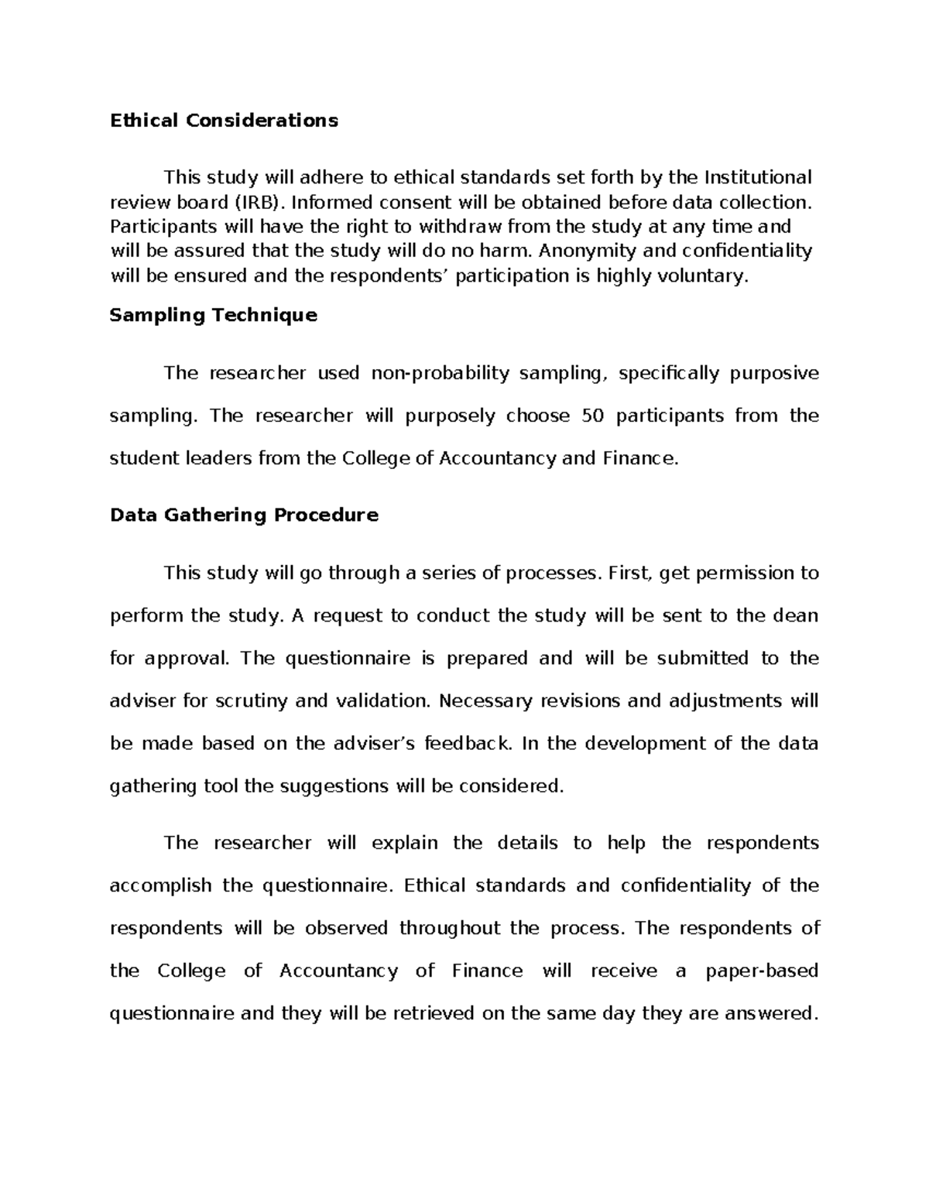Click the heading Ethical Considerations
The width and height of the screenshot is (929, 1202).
pos(224,121)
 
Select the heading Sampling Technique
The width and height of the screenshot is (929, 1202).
pos(213,315)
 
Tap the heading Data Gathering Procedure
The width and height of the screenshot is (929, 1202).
pos(244,515)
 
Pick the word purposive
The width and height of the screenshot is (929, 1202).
pos(774,373)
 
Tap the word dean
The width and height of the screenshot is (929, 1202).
pos(797,615)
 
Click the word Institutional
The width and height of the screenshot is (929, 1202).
pos(758,178)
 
